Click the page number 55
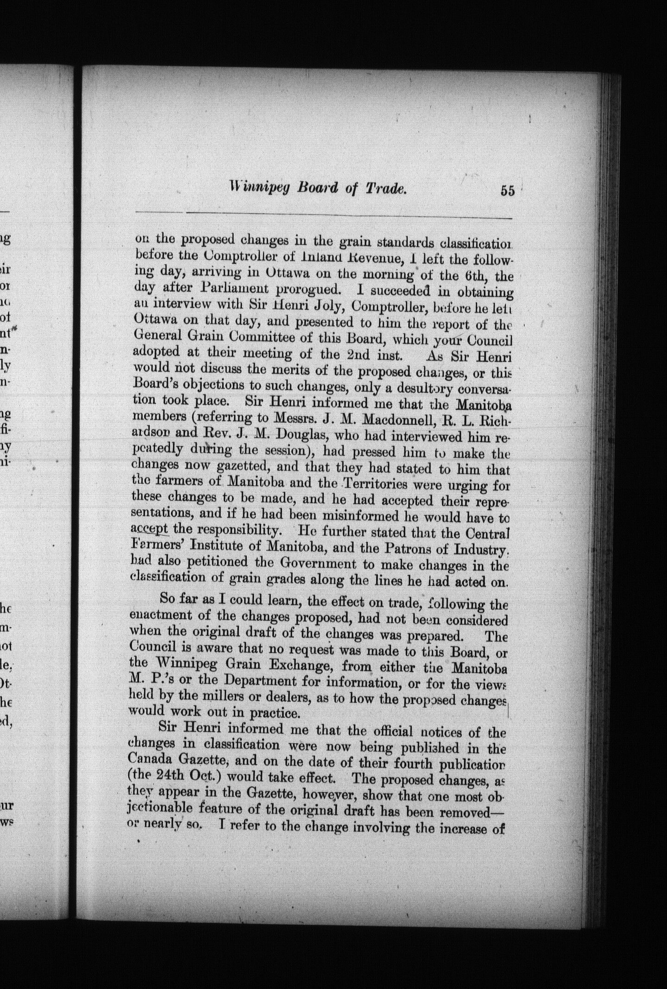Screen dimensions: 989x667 [x=507, y=191]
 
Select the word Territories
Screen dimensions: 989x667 [x=375, y=485]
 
